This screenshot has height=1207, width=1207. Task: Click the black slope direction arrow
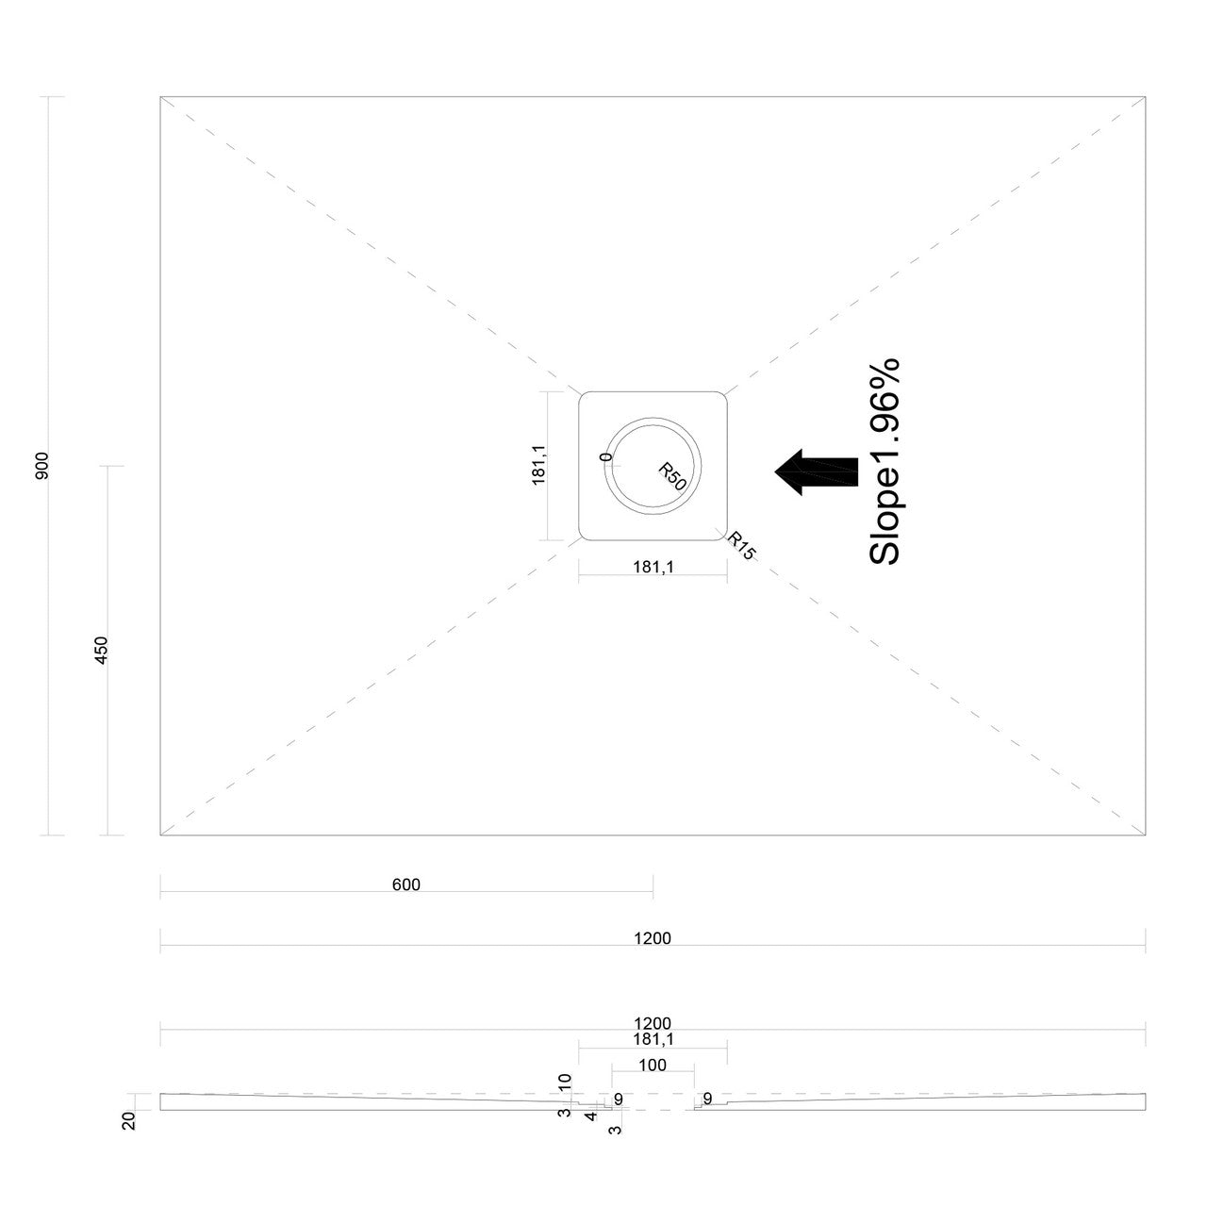click(817, 472)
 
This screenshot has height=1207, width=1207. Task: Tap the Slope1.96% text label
click(885, 462)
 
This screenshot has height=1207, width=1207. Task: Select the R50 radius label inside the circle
click(672, 476)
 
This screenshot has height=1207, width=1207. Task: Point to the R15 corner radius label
click(741, 546)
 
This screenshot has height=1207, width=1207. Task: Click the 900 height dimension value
click(42, 466)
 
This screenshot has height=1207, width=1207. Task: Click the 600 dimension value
click(405, 885)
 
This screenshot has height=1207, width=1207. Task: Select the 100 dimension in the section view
click(652, 1065)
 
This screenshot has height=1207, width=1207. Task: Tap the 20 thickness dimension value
click(129, 1120)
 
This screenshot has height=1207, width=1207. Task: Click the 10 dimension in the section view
click(565, 1083)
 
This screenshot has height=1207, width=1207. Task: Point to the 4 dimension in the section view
click(590, 1116)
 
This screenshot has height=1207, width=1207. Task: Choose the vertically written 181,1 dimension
click(538, 465)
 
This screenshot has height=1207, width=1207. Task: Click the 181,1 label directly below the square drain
click(653, 567)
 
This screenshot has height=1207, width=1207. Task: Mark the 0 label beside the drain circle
click(605, 456)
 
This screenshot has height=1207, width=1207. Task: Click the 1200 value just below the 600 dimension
click(652, 938)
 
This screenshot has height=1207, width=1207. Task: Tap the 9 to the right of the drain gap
click(707, 1098)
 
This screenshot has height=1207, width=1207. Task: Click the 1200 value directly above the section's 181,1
click(652, 1023)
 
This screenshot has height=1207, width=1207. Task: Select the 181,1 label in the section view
click(653, 1039)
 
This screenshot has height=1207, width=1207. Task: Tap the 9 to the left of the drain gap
click(619, 1100)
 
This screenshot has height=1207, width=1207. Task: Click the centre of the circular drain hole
click(653, 466)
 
